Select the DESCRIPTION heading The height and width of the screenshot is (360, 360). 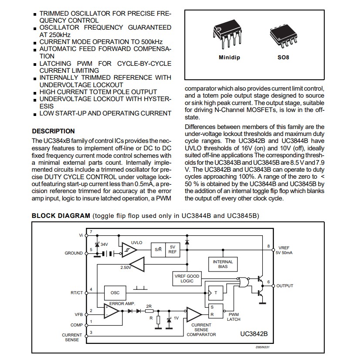[x=54, y=131]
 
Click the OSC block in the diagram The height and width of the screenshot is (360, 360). [x=115, y=292]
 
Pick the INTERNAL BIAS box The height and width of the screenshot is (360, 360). [x=223, y=264]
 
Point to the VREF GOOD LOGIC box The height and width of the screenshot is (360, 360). [x=187, y=278]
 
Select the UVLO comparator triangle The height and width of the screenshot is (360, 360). [x=128, y=249]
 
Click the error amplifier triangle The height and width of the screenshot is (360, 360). [x=112, y=311]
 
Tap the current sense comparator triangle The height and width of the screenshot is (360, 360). [x=193, y=314]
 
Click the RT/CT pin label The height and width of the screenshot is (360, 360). [x=76, y=293]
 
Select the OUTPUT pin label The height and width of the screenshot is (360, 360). [x=285, y=286]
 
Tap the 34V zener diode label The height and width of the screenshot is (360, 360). [x=104, y=245]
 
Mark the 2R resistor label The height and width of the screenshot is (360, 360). [x=149, y=306]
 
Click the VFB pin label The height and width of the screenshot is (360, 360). [x=78, y=314]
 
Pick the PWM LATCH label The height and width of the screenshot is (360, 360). [x=234, y=316]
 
